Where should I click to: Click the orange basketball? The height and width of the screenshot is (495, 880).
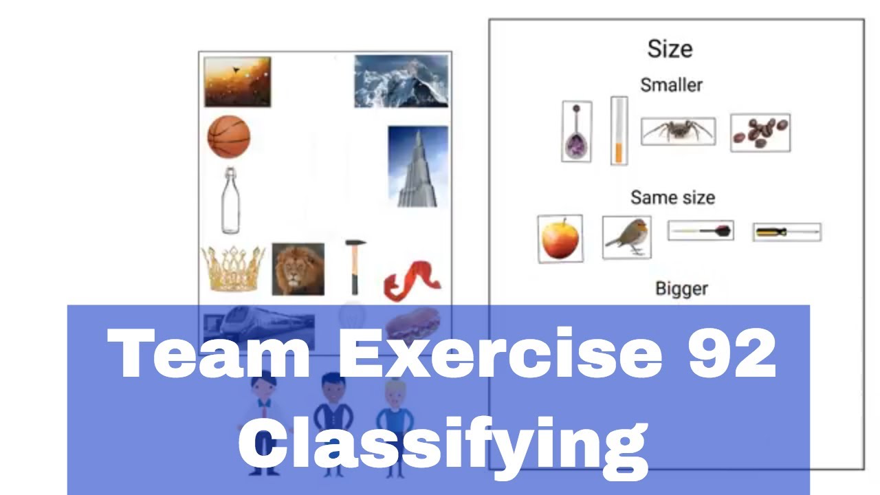pyautogui.click(x=229, y=137)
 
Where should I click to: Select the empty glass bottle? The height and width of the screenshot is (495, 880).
pyautogui.click(x=230, y=201)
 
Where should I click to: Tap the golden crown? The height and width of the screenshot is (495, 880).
pyautogui.click(x=233, y=269)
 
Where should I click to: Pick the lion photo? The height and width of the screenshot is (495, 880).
pyautogui.click(x=298, y=269)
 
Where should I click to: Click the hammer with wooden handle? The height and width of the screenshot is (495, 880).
pyautogui.click(x=355, y=267)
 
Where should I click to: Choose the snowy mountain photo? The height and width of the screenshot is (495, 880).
pyautogui.click(x=401, y=81)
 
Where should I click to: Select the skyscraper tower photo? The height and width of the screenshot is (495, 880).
pyautogui.click(x=418, y=166)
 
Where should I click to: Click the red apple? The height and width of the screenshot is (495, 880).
pyautogui.click(x=560, y=239)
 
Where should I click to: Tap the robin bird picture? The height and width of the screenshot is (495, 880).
pyautogui.click(x=626, y=237)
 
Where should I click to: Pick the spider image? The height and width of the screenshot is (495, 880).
pyautogui.click(x=678, y=131)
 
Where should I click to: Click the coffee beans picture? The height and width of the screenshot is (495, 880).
pyautogui.click(x=760, y=133)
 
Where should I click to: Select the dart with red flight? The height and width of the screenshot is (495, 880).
pyautogui.click(x=701, y=230)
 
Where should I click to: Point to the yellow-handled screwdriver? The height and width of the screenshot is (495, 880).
pyautogui.click(x=787, y=232)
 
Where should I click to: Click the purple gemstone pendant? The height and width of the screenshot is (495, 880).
pyautogui.click(x=576, y=131)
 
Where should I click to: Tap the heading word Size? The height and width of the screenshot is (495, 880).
pyautogui.click(x=670, y=49)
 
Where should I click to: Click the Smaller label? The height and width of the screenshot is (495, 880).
pyautogui.click(x=672, y=85)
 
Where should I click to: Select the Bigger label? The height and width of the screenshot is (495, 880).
pyautogui.click(x=681, y=289)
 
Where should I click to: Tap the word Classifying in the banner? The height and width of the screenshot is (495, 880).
pyautogui.click(x=443, y=448)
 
